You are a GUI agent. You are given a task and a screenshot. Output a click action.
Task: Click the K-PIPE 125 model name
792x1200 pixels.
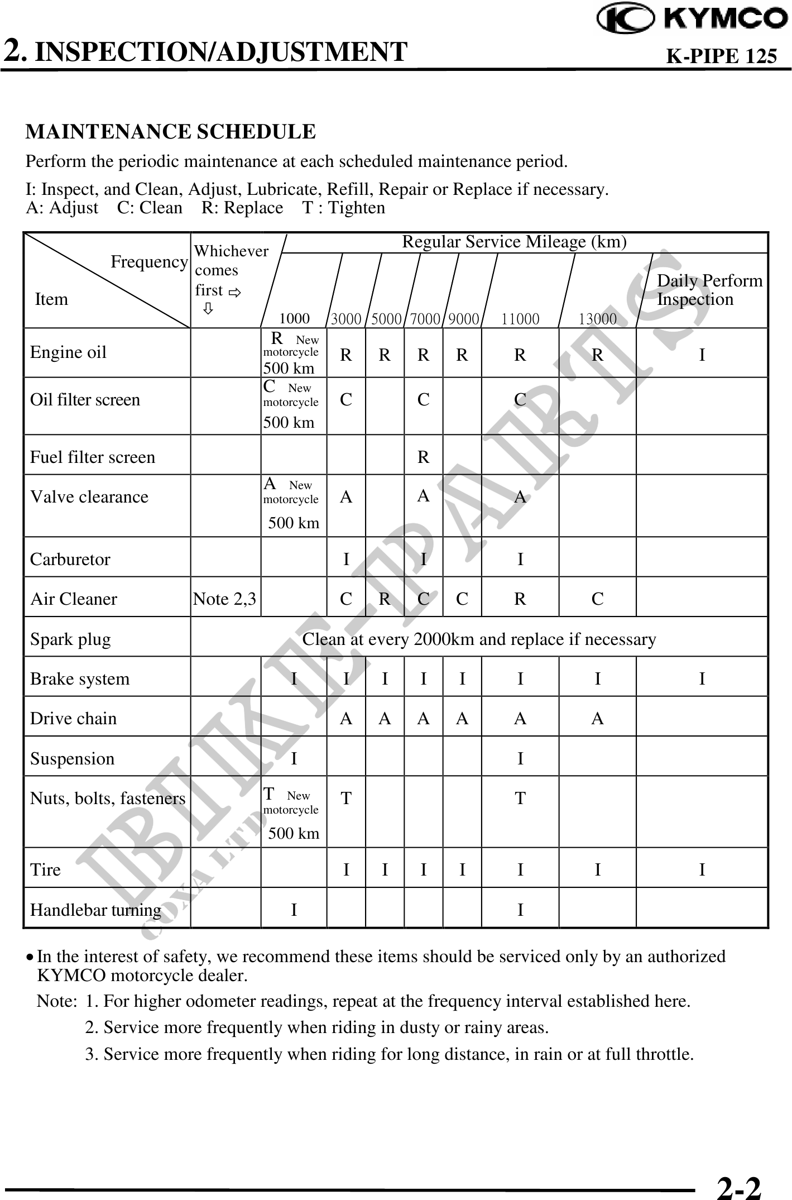click(x=722, y=56)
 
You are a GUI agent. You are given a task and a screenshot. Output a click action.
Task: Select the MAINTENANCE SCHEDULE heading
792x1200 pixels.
click(x=171, y=132)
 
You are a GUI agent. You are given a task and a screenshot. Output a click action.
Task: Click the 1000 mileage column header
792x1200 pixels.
click(x=294, y=318)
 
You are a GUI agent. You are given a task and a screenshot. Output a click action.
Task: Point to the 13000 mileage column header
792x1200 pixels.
click(x=597, y=319)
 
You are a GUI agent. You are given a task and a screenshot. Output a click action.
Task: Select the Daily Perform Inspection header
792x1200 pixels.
click(x=709, y=290)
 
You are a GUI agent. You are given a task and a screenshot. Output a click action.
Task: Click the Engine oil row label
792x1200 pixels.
click(x=68, y=352)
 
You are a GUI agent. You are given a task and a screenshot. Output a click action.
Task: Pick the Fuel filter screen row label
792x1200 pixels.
click(x=93, y=457)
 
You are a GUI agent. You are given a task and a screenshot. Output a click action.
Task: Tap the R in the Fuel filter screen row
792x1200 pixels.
click(x=424, y=457)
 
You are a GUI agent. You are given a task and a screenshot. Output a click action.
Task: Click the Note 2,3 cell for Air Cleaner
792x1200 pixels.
click(x=224, y=599)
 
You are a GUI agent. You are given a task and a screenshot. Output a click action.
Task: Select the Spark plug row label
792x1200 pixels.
click(x=70, y=639)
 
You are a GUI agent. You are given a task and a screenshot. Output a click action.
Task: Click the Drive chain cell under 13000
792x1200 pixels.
click(x=597, y=719)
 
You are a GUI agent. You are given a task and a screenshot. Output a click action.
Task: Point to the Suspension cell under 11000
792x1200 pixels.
click(x=520, y=758)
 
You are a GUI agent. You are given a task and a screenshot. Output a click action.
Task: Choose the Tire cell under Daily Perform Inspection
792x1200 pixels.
click(x=702, y=869)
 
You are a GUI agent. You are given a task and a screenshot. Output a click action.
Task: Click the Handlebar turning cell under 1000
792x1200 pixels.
click(x=294, y=910)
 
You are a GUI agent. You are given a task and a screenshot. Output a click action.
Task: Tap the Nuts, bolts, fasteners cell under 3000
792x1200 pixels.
click(x=346, y=799)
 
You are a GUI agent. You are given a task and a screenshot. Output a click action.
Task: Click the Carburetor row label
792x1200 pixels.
click(x=70, y=559)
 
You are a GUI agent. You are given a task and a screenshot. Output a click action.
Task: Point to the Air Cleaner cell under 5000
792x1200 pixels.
click(x=385, y=599)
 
